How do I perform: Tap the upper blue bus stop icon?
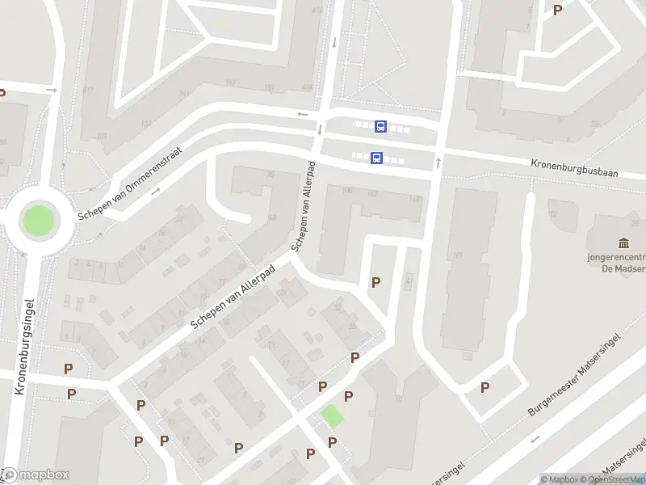(380, 126)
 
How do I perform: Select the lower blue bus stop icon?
(376, 158)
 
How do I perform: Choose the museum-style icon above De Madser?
(623, 243)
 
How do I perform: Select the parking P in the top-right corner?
(557, 11)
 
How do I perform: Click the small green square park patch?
(332, 416)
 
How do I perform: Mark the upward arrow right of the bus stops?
(438, 162)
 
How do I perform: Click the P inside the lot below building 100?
(375, 282)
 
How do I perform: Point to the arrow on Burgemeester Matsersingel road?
(534, 440)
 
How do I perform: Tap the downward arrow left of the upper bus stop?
(320, 129)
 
